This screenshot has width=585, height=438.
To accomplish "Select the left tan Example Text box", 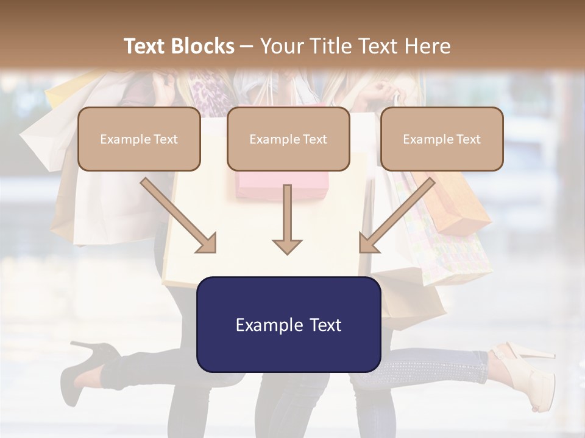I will [x=139, y=139].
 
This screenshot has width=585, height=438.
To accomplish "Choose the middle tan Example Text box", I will [x=288, y=139].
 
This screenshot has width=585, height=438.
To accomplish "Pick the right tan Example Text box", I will [x=442, y=139].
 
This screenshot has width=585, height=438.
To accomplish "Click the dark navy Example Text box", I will [x=288, y=324].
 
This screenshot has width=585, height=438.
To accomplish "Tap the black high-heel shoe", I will [x=88, y=365].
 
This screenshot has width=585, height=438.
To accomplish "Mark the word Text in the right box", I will [x=468, y=139].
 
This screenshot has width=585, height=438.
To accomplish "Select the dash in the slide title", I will [x=247, y=46].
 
